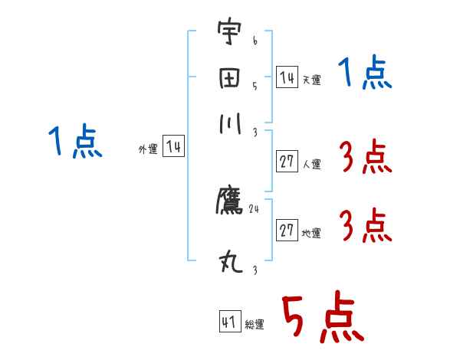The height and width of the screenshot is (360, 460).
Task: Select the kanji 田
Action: coord(229,78)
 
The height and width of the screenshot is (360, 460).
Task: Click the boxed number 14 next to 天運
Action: coord(287,77)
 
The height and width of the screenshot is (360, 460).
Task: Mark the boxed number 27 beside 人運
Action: coord(287,162)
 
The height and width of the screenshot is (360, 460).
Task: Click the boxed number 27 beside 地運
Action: coord(287,231)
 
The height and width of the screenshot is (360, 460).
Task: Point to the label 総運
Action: coord(254,325)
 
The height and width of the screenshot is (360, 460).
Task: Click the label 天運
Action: coord(311,80)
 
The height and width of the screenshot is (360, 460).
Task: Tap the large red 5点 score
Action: coord(322,319)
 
